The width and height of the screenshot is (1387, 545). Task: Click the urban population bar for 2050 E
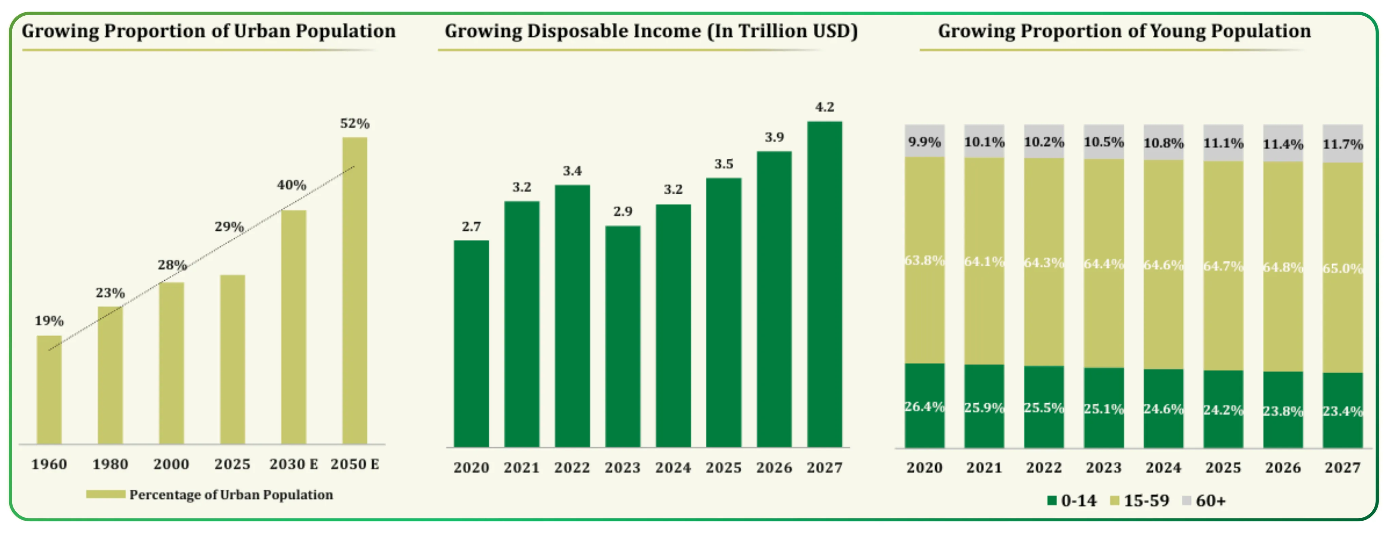(x=355, y=291)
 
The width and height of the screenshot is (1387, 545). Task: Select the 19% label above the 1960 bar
(x=49, y=321)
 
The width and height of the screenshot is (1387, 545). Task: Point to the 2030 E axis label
(x=293, y=464)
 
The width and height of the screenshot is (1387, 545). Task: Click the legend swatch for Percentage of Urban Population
(x=106, y=494)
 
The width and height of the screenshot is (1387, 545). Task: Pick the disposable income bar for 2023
(x=623, y=337)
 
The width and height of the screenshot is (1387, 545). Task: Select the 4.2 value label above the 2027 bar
(x=824, y=107)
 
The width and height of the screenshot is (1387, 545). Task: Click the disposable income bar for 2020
(x=471, y=344)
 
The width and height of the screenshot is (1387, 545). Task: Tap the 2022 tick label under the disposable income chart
(x=572, y=468)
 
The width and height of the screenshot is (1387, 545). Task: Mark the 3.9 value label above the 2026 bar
(x=774, y=137)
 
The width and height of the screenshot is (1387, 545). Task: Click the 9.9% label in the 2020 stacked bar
(x=924, y=142)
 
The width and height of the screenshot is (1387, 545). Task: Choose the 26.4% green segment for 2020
(x=924, y=406)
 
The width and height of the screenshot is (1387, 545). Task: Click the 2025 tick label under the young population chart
(x=1223, y=468)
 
